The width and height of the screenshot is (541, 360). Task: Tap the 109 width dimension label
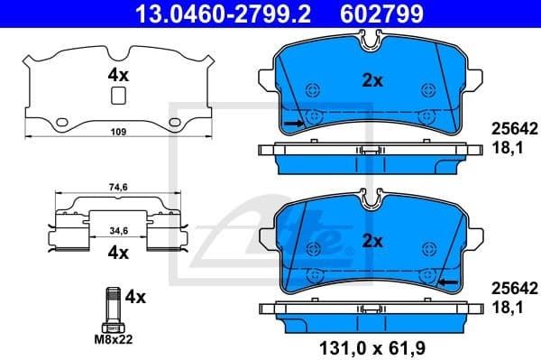click(x=117, y=133)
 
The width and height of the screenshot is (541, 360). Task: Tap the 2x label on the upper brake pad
click(x=372, y=80)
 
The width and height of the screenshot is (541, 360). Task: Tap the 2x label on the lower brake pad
click(x=372, y=242)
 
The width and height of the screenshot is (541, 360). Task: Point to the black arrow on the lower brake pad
click(x=447, y=282)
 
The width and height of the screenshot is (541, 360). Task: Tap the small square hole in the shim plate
click(x=117, y=97)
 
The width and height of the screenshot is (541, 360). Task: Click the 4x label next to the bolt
click(x=135, y=296)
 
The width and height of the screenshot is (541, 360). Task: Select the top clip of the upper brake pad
click(x=368, y=38)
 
